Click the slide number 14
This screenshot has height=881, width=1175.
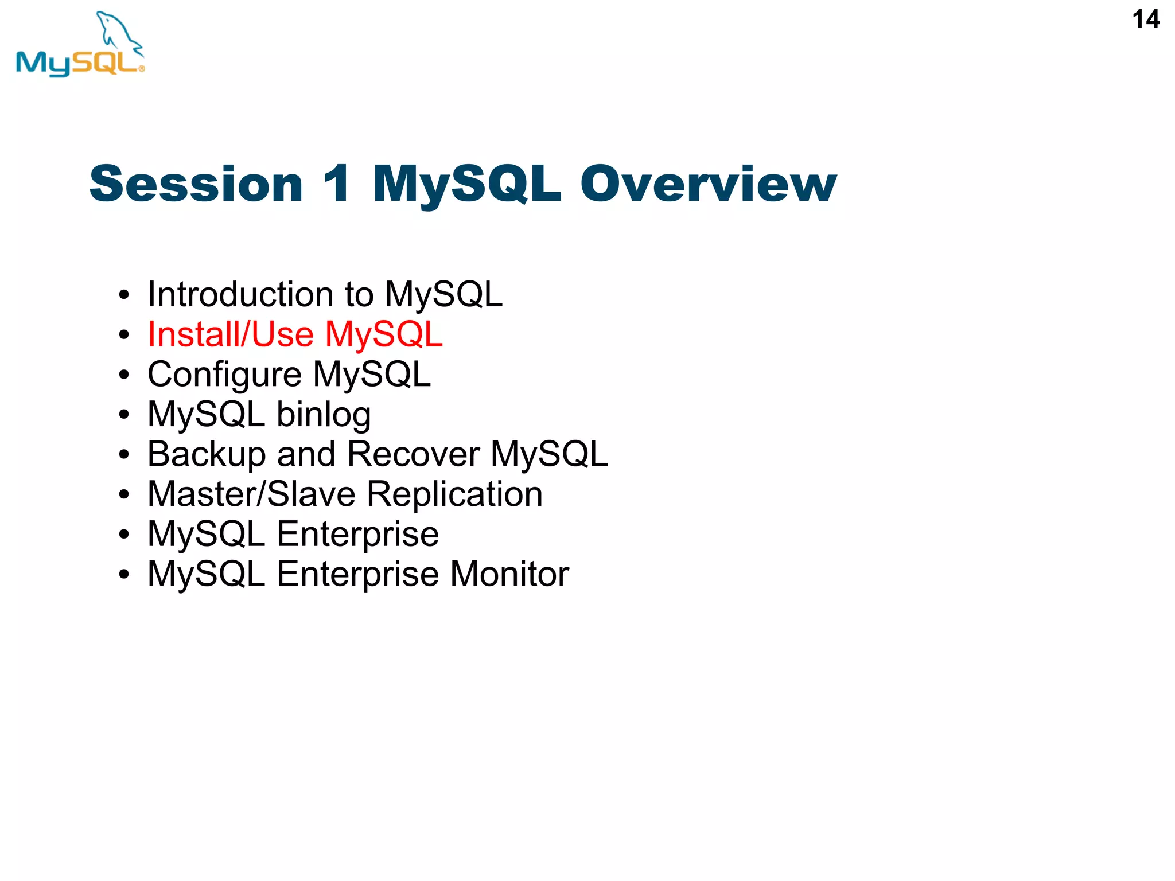[x=1145, y=20]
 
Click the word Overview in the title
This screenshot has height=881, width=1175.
[x=708, y=184]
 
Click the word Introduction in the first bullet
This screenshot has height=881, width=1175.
[x=240, y=294]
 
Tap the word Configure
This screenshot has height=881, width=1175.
[x=224, y=375]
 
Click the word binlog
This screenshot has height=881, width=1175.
[x=324, y=415]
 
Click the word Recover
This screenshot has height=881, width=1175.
[x=413, y=454]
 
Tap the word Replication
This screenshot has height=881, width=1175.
[x=454, y=494]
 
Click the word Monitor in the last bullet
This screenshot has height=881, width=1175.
[x=509, y=574]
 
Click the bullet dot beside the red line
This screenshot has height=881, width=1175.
[x=124, y=335]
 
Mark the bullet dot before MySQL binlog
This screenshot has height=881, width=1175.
[x=124, y=415]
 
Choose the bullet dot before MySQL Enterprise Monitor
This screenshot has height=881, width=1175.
[x=124, y=574]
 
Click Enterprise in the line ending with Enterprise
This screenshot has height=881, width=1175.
[x=357, y=535]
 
